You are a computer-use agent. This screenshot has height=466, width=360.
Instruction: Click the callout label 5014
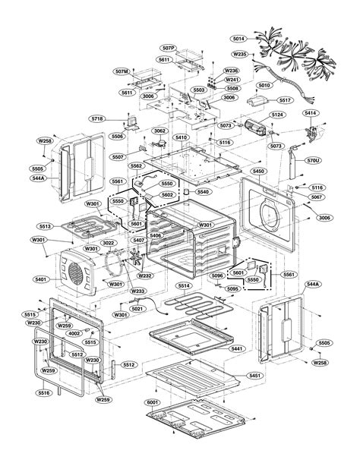click(x=238, y=37)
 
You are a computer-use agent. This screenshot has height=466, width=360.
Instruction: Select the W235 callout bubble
click(x=240, y=55)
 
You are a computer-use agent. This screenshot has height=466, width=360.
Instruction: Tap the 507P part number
click(x=169, y=47)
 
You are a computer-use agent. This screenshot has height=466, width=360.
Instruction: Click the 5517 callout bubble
click(x=285, y=99)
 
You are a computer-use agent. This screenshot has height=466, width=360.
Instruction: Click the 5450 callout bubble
click(x=258, y=172)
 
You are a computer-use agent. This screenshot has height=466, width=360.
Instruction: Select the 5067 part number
click(x=315, y=197)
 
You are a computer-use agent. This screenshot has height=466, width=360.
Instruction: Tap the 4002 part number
click(x=74, y=333)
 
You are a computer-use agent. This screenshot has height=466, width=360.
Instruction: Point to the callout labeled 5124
click(x=276, y=115)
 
